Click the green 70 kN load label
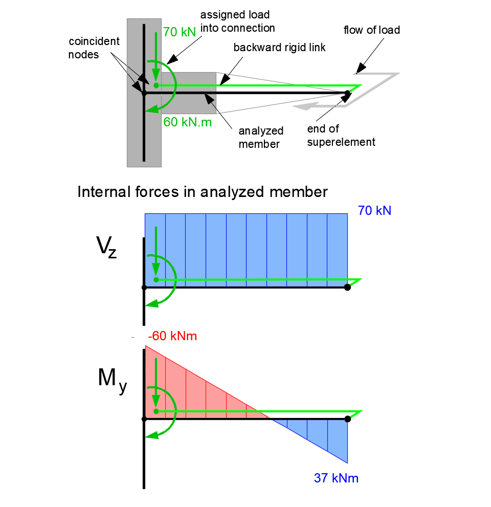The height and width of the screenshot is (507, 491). (x=180, y=32)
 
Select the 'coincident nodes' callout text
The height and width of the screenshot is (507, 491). (x=94, y=48)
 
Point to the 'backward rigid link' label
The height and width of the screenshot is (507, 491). (x=279, y=48)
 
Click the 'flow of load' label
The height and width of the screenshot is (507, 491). (x=372, y=30)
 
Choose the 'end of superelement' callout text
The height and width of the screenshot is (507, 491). (x=341, y=136)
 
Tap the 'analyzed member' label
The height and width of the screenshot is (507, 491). (x=261, y=137)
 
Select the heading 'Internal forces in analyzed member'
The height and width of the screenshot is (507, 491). (x=202, y=192)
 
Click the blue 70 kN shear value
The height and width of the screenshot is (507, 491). (x=374, y=210)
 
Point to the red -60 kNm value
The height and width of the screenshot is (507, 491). (x=172, y=337)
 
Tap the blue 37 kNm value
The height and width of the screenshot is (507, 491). (x=336, y=478)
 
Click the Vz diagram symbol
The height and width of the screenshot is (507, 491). (x=106, y=247)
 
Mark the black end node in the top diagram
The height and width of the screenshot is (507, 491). (x=348, y=93)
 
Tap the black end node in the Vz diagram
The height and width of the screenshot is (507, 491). (x=348, y=288)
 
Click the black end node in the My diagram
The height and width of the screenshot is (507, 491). (x=348, y=419)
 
